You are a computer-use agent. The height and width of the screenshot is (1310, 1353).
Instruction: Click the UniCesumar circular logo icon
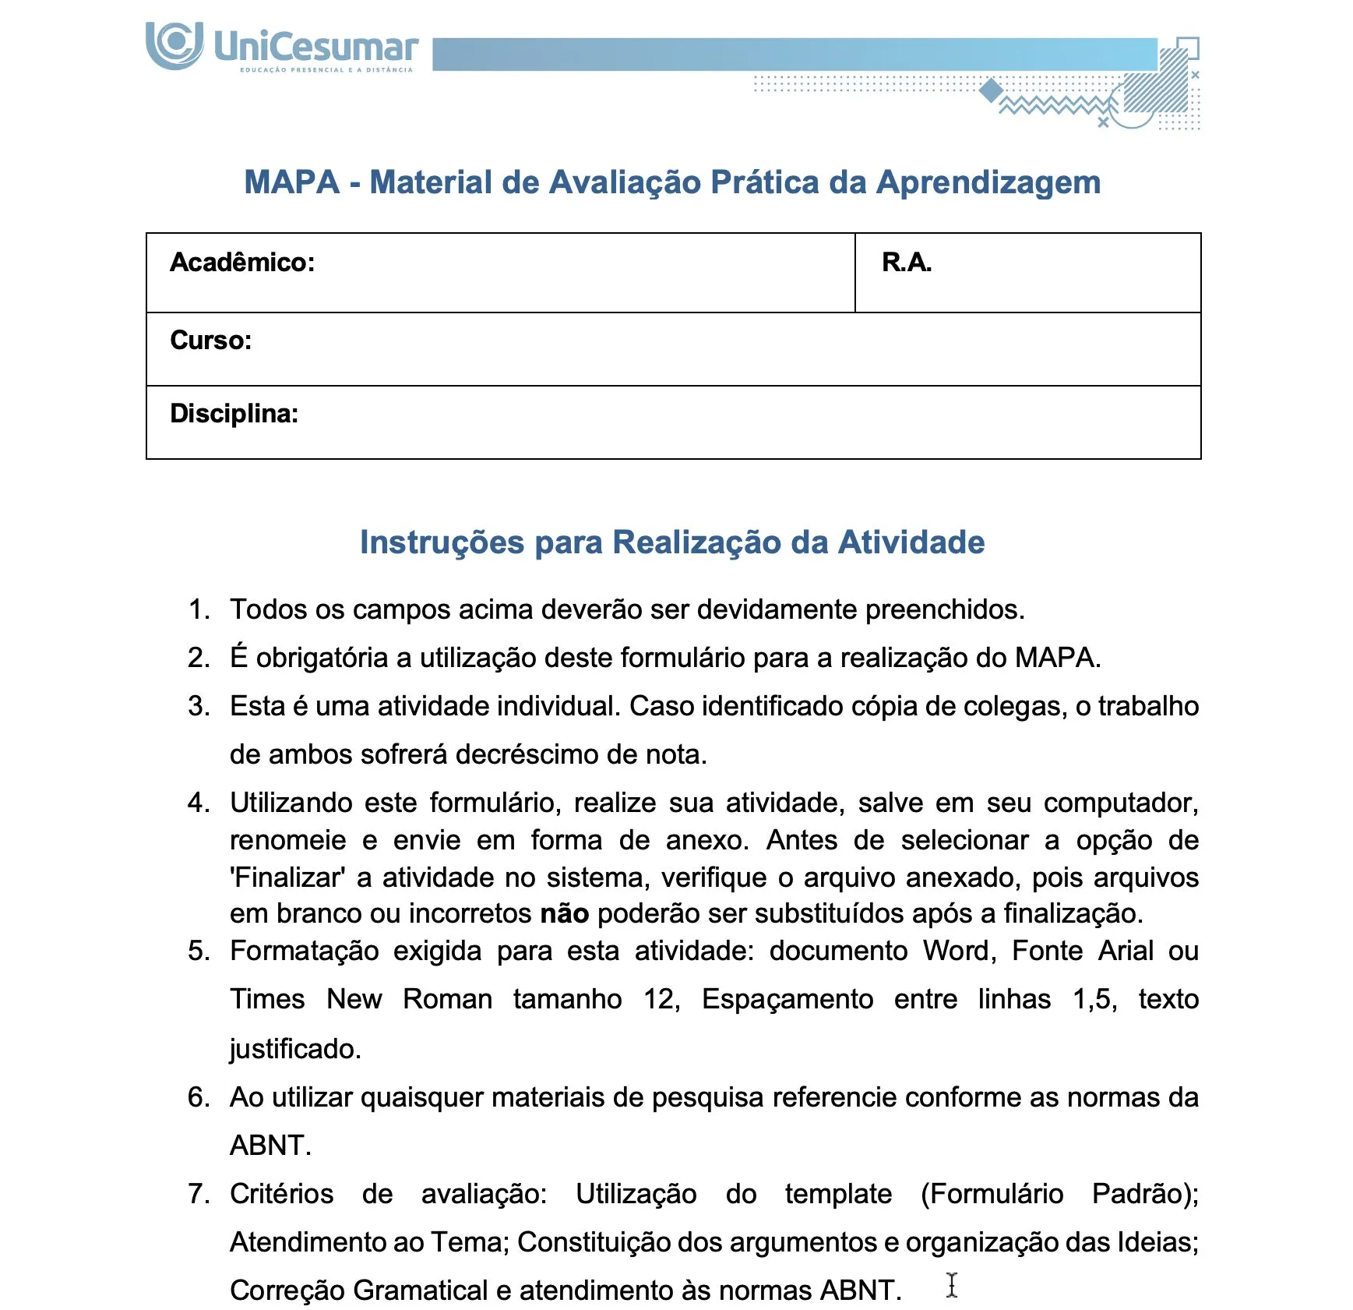pos(174,44)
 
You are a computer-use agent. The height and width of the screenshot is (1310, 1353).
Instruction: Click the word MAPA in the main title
pos(291,182)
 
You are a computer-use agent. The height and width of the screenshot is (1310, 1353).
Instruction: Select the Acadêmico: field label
pos(242,263)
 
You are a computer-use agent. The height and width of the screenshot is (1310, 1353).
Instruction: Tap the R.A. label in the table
pos(906,263)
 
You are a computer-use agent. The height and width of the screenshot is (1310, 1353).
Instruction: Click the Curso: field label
pos(210,341)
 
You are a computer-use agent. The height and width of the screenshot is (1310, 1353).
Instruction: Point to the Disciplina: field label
pos(234,414)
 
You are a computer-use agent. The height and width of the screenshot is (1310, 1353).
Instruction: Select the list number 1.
pos(198,609)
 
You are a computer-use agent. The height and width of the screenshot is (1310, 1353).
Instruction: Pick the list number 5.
pos(198,951)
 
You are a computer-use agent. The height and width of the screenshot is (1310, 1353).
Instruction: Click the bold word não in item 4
pos(565,913)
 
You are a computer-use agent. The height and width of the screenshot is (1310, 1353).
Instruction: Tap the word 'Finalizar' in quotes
pos(287,877)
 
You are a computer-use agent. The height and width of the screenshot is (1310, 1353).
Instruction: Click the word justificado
pos(294,1049)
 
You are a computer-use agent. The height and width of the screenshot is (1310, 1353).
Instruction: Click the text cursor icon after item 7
pos(951,1285)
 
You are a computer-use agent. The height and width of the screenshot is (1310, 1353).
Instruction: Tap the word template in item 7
pos(838,1194)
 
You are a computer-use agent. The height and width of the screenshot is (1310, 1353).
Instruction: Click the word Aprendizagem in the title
pos(988,182)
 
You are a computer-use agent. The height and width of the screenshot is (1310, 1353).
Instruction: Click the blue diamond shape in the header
pos(991,90)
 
